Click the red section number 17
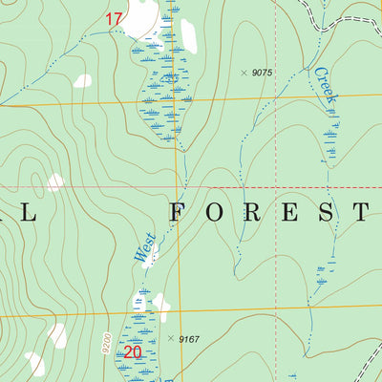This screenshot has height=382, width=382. point(115,18)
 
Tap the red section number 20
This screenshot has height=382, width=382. point(133,351)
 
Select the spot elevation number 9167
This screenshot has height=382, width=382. point(188,338)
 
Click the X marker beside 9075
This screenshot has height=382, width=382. point(244,73)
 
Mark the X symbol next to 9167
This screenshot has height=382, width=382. point(170,338)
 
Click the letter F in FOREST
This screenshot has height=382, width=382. point(178,212)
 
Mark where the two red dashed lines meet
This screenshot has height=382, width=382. point(275,185)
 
